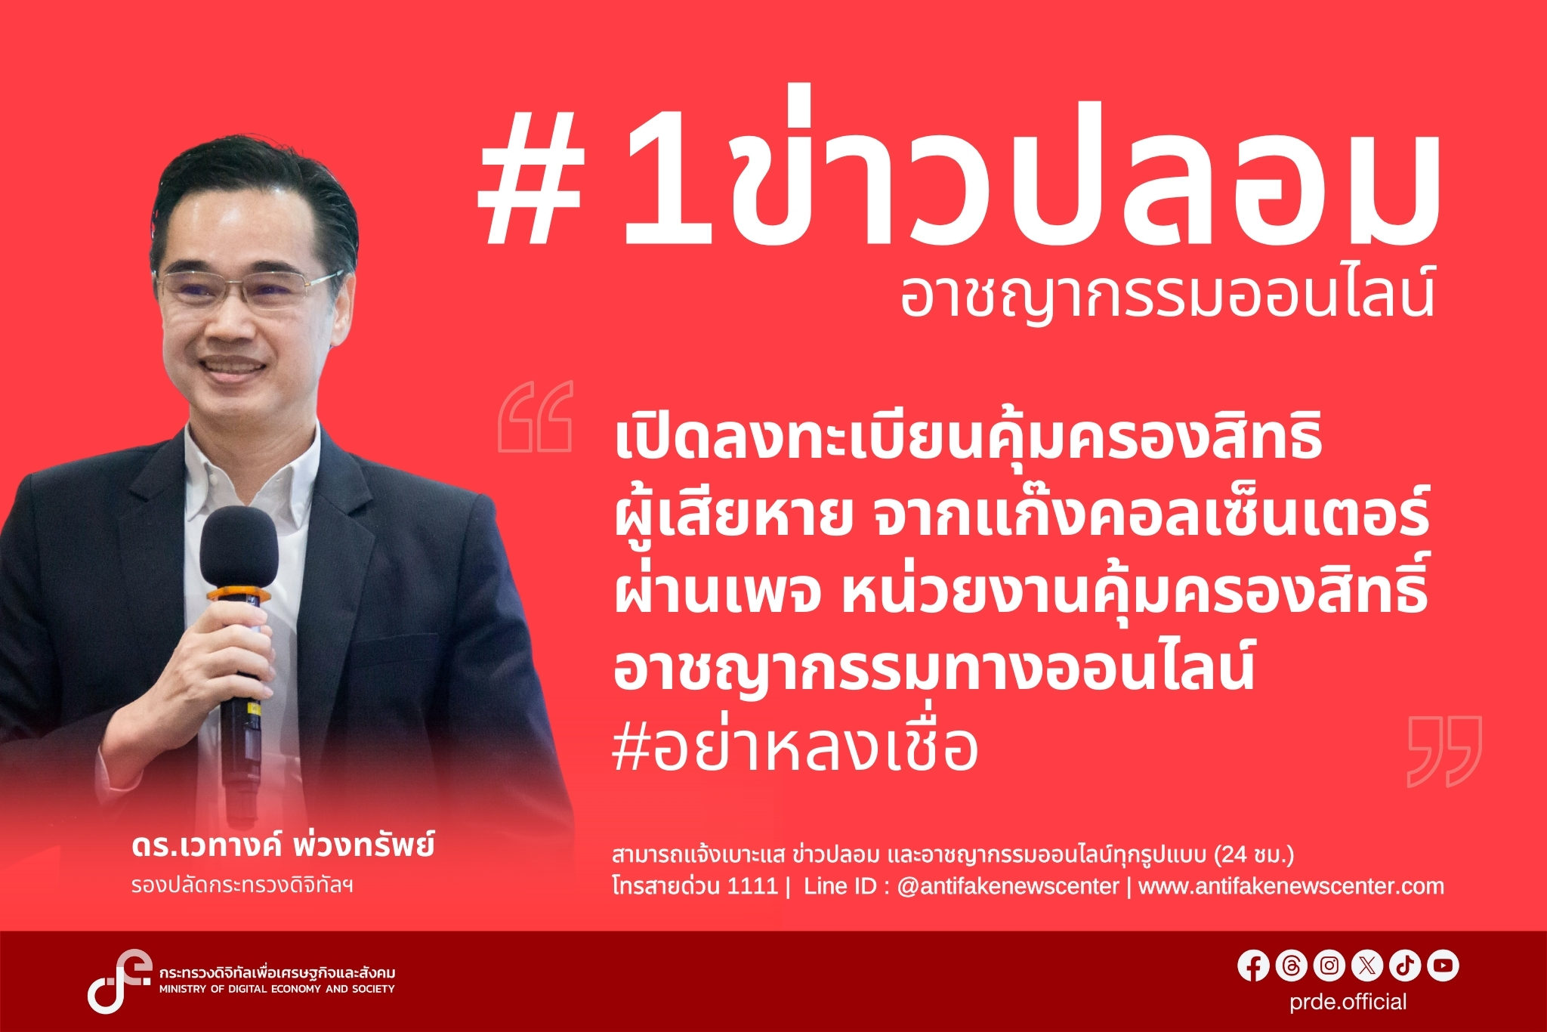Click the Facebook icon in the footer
[x=1253, y=966]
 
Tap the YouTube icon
[x=1443, y=966]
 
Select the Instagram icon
[x=1329, y=966]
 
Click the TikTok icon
[x=1405, y=966]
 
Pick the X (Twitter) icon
[x=1367, y=966]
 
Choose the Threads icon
[x=1291, y=966]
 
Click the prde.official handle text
[x=1348, y=1002]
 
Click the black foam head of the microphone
[x=239, y=548]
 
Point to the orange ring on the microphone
[x=239, y=595]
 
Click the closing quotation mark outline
[x=1444, y=751]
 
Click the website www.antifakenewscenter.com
[x=1291, y=885]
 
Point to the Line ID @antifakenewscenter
[x=1008, y=885]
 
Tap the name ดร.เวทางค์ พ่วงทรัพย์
[x=283, y=845]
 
